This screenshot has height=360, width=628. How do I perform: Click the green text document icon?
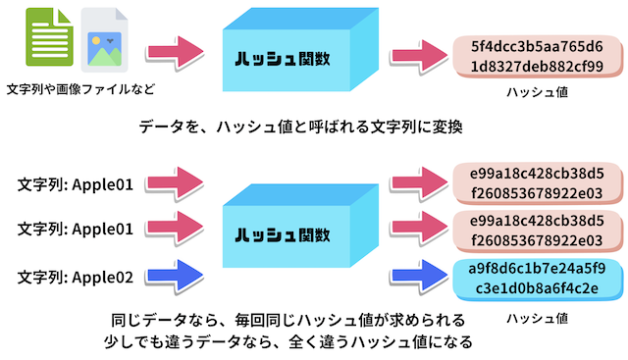[49, 37]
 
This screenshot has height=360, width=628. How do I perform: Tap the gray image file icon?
[104, 39]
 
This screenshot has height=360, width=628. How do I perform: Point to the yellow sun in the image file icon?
[96, 40]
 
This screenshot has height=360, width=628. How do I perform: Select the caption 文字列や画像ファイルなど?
[80, 89]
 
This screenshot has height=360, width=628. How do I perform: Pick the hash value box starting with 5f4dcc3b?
[537, 56]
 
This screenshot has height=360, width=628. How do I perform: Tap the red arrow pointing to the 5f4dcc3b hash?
[419, 56]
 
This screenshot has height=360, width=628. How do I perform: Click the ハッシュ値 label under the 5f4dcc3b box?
[537, 92]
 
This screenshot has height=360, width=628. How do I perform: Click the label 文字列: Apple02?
[75, 277]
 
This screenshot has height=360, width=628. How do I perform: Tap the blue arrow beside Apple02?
[175, 276]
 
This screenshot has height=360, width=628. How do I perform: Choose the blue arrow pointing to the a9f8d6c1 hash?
[419, 276]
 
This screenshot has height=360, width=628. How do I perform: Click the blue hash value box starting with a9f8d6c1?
[537, 279]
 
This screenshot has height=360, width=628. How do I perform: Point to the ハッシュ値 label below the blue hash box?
[537, 319]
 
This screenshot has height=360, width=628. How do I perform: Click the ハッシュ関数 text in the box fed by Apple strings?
[283, 234]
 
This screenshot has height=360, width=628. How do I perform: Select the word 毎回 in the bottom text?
[249, 320]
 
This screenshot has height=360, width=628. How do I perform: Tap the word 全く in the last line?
[303, 341]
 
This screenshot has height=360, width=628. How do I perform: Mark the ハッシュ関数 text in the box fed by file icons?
[283, 59]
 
